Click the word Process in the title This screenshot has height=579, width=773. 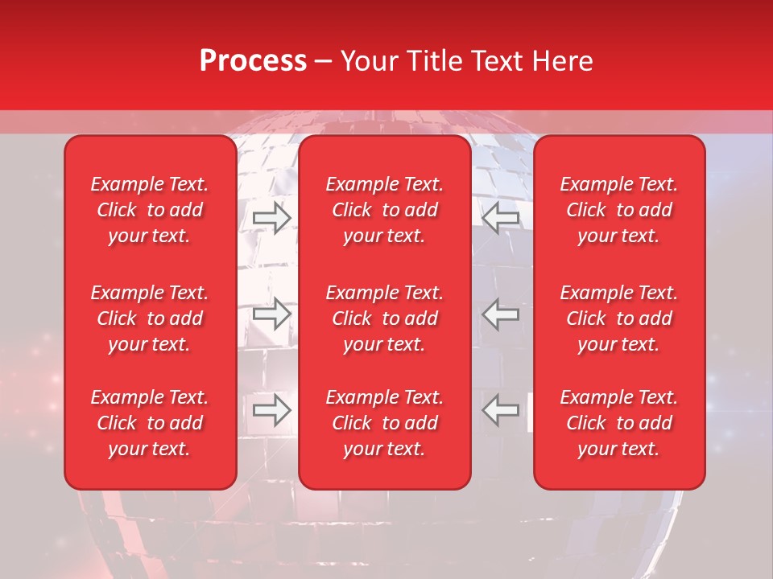pyautogui.click(x=253, y=61)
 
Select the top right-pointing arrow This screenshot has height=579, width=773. pyautogui.click(x=271, y=218)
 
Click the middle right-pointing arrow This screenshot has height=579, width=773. pyautogui.click(x=271, y=314)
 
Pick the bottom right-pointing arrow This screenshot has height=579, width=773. pyautogui.click(x=271, y=410)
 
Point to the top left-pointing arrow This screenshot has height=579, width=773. pyautogui.click(x=500, y=218)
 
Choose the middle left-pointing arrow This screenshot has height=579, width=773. pyautogui.click(x=500, y=314)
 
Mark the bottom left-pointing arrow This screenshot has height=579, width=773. pyautogui.click(x=500, y=410)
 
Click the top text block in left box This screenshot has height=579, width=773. pyautogui.click(x=150, y=210)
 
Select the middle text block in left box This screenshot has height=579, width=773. pyautogui.click(x=150, y=318)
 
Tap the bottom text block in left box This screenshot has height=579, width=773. pyautogui.click(x=150, y=423)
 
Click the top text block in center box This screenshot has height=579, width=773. pyautogui.click(x=385, y=210)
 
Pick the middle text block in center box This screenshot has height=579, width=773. pyautogui.click(x=385, y=318)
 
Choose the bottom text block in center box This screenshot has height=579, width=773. pyautogui.click(x=385, y=423)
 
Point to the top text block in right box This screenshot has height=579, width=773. pyautogui.click(x=619, y=210)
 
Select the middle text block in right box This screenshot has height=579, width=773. pyautogui.click(x=619, y=318)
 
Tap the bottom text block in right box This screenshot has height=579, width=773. pyautogui.click(x=619, y=423)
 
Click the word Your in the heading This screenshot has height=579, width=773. pyautogui.click(x=367, y=61)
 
